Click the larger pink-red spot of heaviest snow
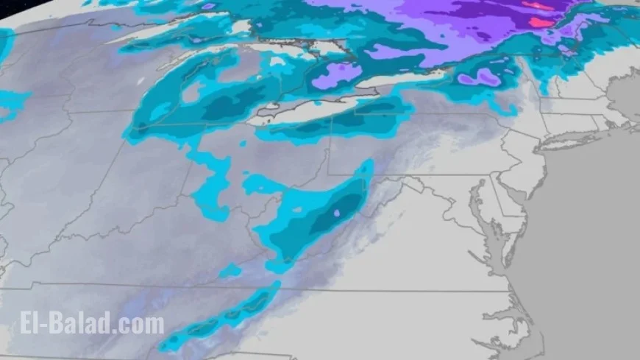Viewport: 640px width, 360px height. coord(541,22)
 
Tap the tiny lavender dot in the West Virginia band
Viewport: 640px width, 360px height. coord(335,213)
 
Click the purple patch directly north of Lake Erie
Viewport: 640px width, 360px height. coord(340,74)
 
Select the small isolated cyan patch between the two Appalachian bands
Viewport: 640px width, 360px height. coord(230,271)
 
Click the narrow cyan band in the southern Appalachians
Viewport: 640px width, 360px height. coord(221,317)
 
